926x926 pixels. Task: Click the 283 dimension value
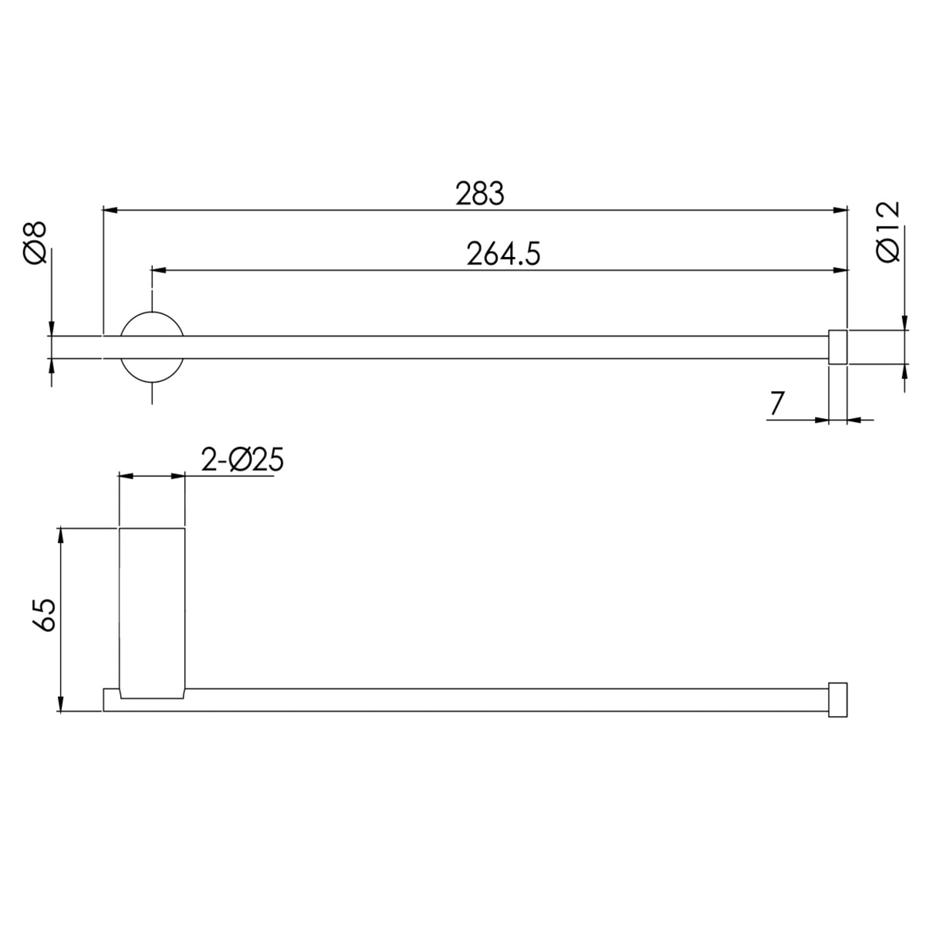pyautogui.click(x=479, y=194)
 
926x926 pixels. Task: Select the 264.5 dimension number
pyautogui.click(x=503, y=254)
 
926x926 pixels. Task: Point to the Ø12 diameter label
pyautogui.click(x=887, y=231)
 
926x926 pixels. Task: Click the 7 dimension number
pyautogui.click(x=777, y=403)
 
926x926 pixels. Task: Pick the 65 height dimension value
pyautogui.click(x=44, y=615)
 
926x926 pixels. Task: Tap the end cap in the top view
pyautogui.click(x=837, y=347)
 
